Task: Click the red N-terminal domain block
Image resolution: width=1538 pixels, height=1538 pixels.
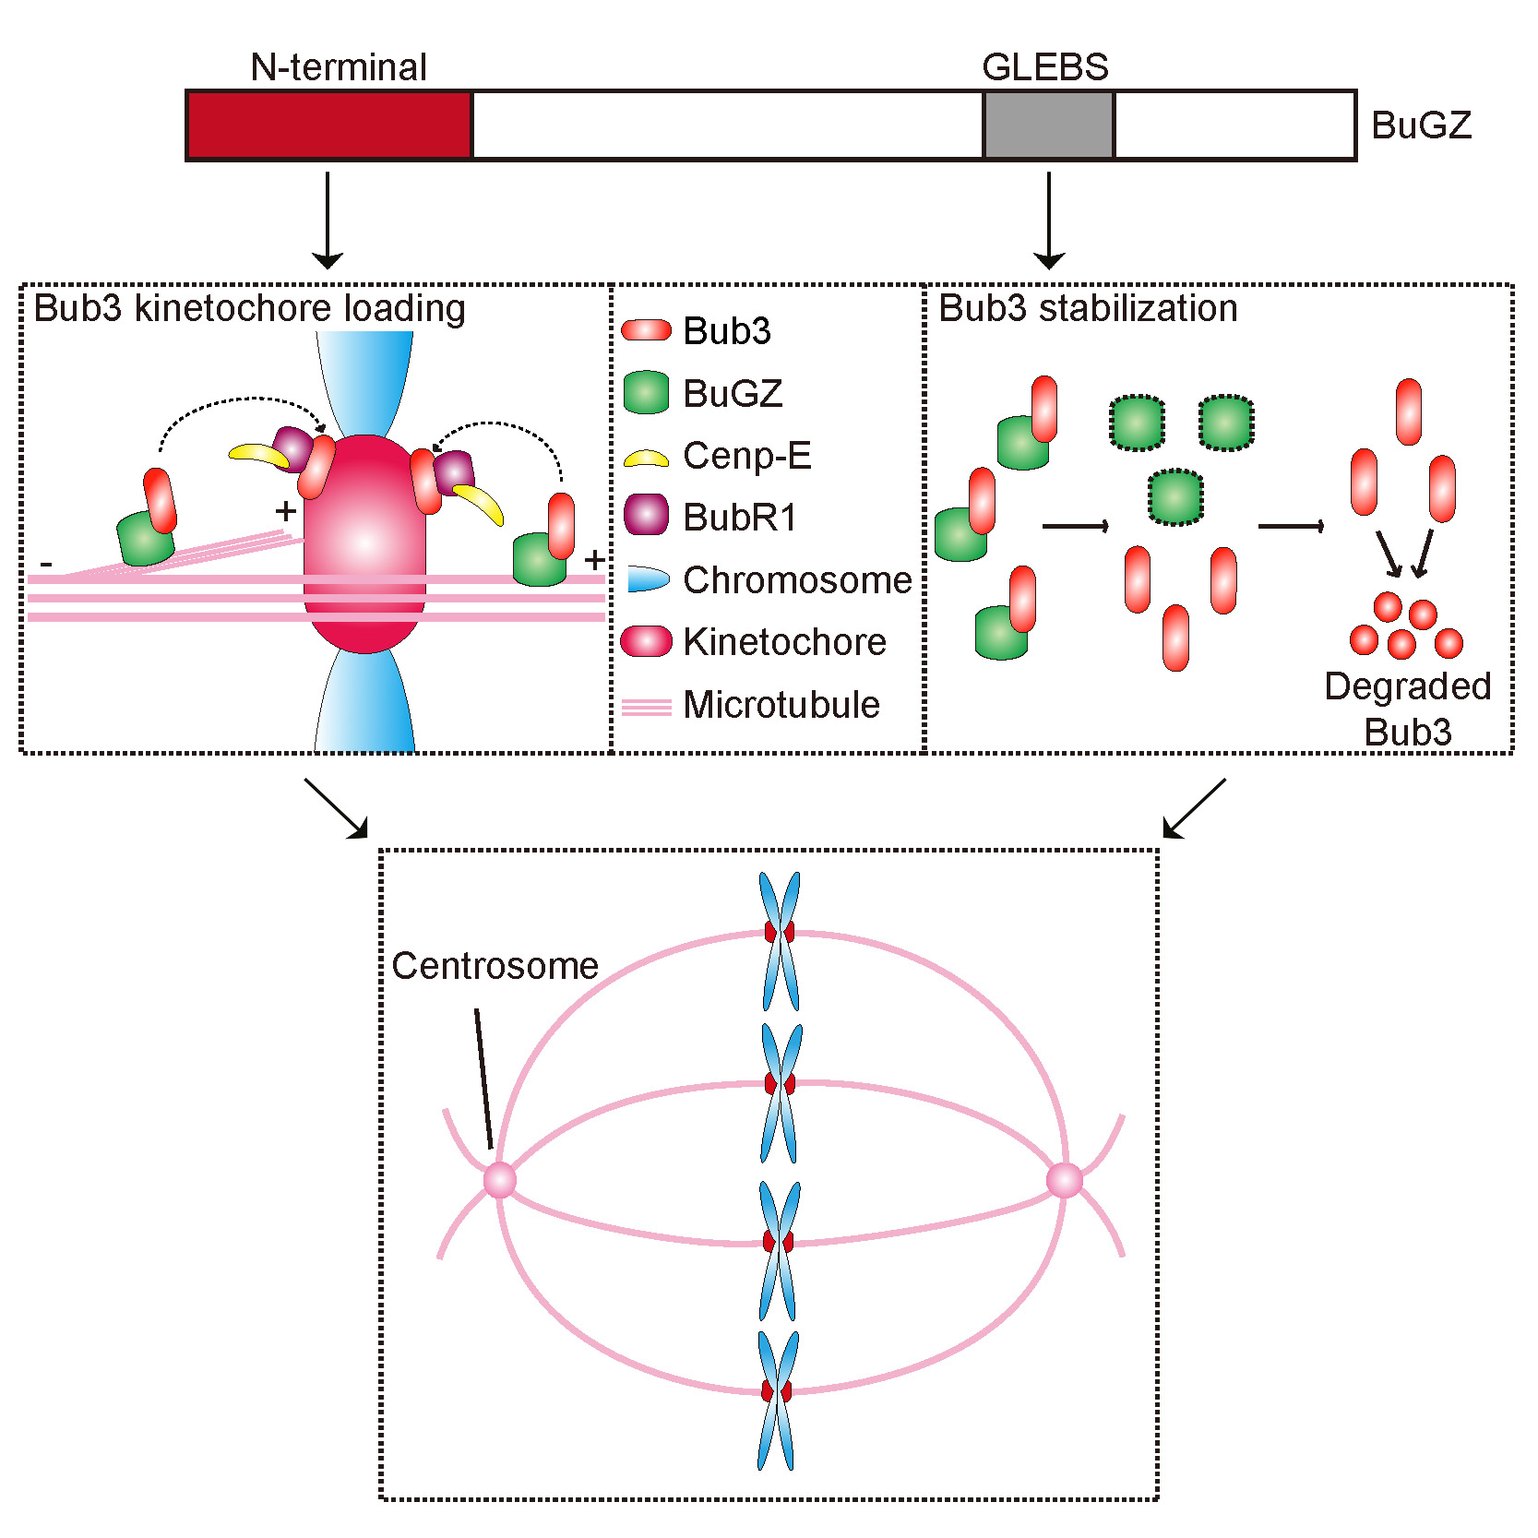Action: click(x=329, y=125)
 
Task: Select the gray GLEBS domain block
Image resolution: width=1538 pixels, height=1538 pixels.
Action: click(x=1049, y=125)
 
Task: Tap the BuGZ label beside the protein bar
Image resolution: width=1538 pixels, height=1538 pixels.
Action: click(x=1421, y=125)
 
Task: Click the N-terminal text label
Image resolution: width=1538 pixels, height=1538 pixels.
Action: click(x=339, y=67)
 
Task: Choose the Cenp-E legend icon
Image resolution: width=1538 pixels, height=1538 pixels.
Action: click(x=646, y=458)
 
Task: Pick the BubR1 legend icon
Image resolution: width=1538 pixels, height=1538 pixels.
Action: click(x=646, y=515)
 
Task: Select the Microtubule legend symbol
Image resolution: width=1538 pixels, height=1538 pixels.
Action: click(x=646, y=708)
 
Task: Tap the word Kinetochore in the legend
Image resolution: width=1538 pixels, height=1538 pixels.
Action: click(x=784, y=642)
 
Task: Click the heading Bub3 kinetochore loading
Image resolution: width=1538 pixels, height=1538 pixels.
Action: click(x=249, y=308)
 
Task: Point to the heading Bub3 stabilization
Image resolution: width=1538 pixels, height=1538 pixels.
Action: click(x=1088, y=308)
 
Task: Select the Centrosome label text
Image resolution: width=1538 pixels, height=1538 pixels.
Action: click(x=495, y=966)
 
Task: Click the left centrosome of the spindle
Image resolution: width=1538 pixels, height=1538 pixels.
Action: click(x=500, y=1180)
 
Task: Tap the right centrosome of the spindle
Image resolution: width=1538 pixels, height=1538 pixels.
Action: click(x=1065, y=1180)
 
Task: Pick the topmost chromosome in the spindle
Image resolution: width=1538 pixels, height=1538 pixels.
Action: click(x=780, y=940)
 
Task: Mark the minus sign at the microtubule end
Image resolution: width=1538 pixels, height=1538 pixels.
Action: click(x=46, y=564)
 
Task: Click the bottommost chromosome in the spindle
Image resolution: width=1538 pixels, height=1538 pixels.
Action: click(x=777, y=1400)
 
